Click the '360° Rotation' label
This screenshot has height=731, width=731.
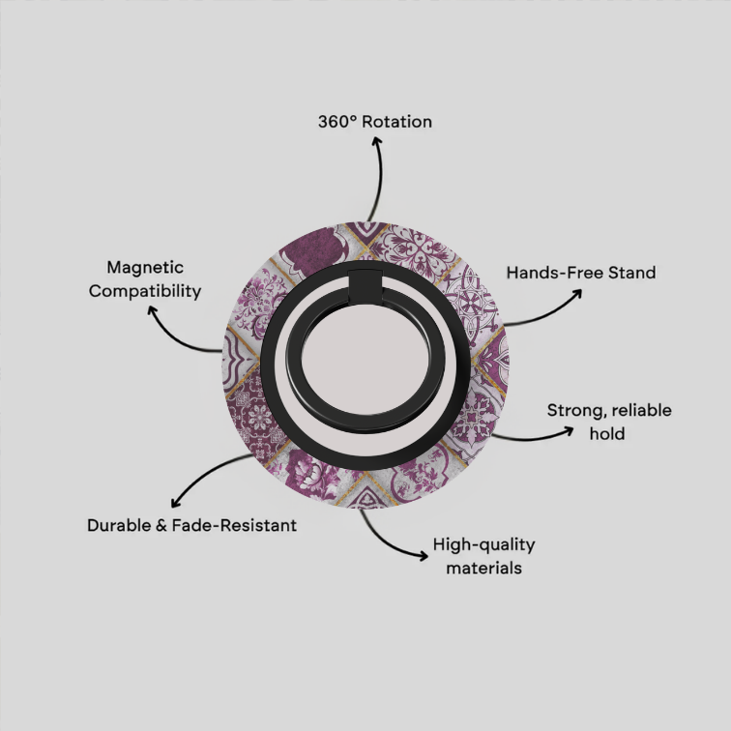(375, 122)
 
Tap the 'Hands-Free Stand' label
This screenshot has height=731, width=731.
(581, 273)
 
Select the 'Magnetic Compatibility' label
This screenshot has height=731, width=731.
(145, 278)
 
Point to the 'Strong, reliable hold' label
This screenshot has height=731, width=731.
(609, 422)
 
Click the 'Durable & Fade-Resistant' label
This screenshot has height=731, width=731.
(191, 525)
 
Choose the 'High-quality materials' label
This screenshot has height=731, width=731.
(483, 556)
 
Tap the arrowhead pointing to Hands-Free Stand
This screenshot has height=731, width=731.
(578, 294)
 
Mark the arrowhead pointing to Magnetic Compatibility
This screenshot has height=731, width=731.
(151, 309)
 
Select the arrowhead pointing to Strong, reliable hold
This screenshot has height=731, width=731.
(570, 431)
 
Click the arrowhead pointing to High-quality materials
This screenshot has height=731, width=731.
(424, 555)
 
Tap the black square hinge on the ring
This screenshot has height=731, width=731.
(365, 286)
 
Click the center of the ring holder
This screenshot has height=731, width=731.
(365, 360)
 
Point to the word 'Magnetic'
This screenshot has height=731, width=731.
(145, 268)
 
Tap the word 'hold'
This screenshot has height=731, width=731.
(607, 433)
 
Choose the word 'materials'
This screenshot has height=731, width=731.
(483, 569)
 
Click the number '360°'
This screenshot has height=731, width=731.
(337, 122)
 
